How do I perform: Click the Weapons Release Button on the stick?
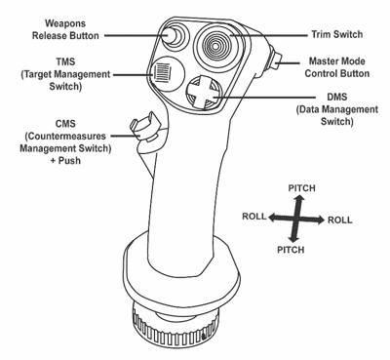coord(172,35)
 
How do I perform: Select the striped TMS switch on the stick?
coord(162,72)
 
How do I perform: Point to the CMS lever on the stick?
coord(145,128)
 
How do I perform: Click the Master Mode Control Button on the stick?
coord(276,59)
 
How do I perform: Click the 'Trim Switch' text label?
coord(337,34)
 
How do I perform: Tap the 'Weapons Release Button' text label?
coord(65,29)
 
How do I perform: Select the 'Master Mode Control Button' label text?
coord(337,67)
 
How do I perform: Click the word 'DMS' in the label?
coord(337,98)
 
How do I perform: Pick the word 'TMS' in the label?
coord(65,61)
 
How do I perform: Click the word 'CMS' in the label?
coord(65,124)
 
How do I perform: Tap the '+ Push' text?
coord(65,161)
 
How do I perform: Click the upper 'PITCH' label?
coord(301,188)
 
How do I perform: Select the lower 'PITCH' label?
coord(291,250)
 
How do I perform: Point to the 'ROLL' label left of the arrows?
coord(254,217)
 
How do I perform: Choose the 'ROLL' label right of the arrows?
coord(339,220)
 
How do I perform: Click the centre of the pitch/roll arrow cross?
coord(296,219)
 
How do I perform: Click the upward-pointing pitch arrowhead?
coord(301,198)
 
